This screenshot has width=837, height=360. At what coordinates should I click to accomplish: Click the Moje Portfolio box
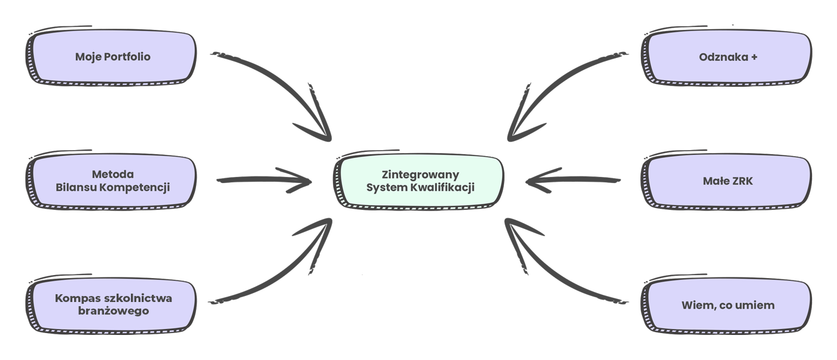(112, 57)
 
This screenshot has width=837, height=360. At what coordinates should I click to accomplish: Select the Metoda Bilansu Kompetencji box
(112, 181)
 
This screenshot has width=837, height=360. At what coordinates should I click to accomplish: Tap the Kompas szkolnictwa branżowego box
(112, 304)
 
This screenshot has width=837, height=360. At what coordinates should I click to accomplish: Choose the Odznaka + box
(728, 57)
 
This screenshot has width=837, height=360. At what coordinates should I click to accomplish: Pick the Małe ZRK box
(728, 181)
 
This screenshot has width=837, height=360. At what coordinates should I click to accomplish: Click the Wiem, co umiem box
(728, 305)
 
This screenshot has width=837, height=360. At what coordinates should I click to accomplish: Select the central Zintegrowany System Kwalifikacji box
(420, 181)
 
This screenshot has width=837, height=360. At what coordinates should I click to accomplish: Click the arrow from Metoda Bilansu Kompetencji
(263, 180)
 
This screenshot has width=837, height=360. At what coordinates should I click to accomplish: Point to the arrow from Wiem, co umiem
(562, 269)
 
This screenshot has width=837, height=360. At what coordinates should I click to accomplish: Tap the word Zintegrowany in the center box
(420, 175)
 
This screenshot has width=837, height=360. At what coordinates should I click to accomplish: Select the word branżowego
(113, 311)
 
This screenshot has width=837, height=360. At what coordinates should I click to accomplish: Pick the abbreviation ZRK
(740, 181)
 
